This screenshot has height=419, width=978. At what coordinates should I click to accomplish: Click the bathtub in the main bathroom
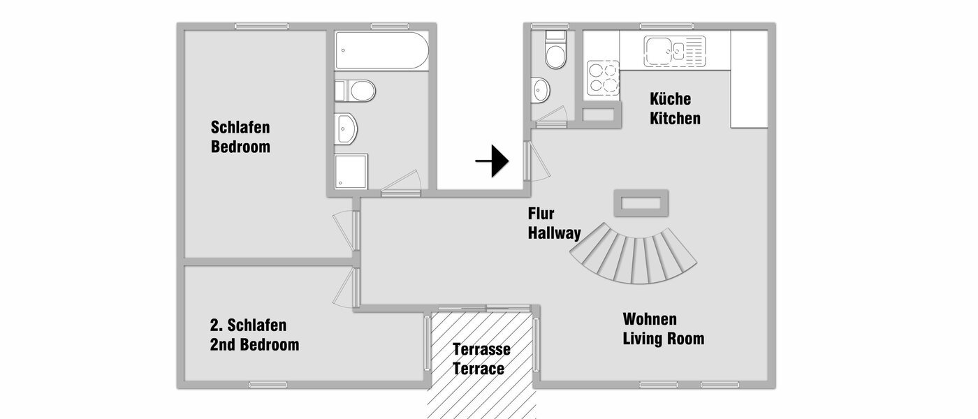(x=381, y=50)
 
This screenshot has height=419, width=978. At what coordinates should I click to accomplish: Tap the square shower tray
(x=351, y=172)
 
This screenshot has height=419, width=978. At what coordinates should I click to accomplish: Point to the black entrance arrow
(x=492, y=161)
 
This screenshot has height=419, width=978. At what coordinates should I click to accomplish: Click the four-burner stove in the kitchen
(x=603, y=78)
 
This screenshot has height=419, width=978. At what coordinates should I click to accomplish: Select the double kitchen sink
(x=666, y=51)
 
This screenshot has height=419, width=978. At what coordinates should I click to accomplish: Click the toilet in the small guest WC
(x=555, y=52)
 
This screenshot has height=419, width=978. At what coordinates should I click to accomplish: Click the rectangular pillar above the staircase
(x=641, y=203)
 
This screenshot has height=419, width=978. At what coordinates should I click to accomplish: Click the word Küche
(x=670, y=98)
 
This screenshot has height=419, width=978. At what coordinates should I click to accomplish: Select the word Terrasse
(x=481, y=348)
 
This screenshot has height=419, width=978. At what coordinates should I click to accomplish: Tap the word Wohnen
(x=650, y=319)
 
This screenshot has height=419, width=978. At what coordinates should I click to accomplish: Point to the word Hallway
(x=554, y=233)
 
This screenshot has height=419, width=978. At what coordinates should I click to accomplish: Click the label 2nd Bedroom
(x=254, y=345)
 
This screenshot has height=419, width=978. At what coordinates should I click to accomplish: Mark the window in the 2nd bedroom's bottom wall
(x=268, y=384)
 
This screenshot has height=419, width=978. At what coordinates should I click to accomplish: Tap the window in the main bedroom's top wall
(x=262, y=27)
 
